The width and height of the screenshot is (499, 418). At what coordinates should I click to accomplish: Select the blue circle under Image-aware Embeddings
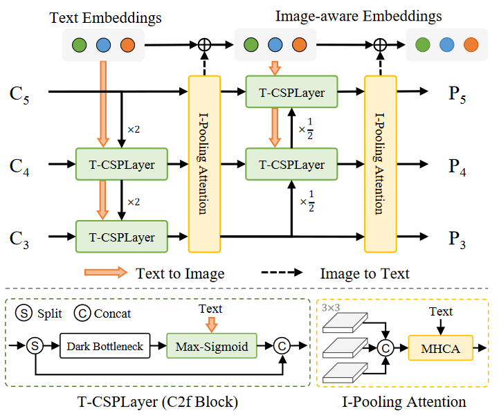[274, 46]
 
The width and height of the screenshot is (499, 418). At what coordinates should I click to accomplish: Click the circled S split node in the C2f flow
[33, 345]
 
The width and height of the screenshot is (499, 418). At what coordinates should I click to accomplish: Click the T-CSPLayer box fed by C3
[122, 237]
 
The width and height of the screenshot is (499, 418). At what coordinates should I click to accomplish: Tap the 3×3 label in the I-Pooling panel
[332, 307]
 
